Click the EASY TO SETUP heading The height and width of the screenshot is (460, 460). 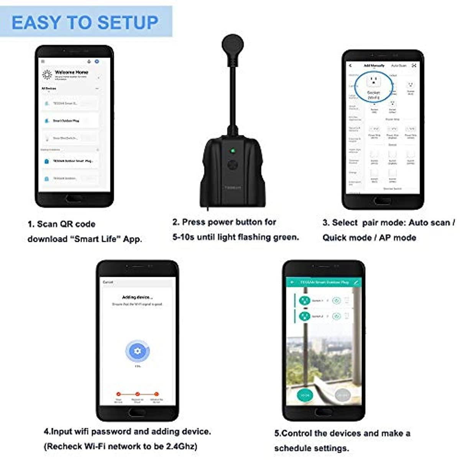point(85,23)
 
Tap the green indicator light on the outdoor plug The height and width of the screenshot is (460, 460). point(232,151)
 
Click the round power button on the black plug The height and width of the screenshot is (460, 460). point(232,165)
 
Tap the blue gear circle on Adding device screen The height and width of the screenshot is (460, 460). point(137,351)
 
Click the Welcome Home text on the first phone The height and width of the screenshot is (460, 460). point(71,72)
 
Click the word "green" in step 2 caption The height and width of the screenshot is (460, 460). point(286,237)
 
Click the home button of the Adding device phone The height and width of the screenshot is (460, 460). point(136,412)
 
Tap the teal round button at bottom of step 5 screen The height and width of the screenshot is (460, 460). point(305,395)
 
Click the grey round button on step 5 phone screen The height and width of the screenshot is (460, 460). point(342,395)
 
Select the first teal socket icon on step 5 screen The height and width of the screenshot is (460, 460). point(305,301)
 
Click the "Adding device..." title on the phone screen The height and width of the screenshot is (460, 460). point(137,297)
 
